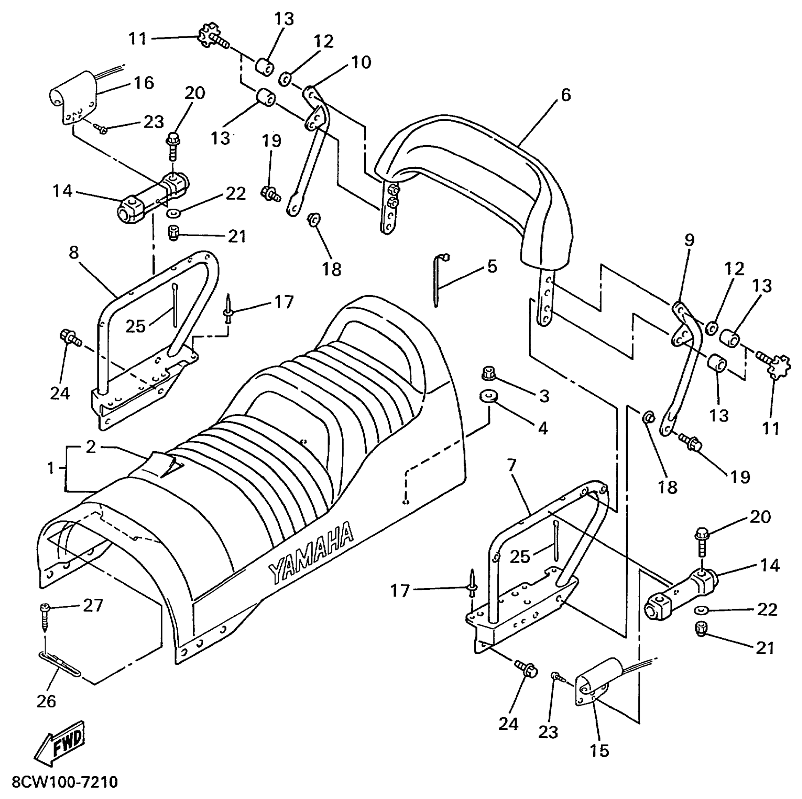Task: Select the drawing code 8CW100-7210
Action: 65,783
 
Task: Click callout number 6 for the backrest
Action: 566,95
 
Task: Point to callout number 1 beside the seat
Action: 51,468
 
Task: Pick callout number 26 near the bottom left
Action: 46,701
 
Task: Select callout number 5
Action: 492,266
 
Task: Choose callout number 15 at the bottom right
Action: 599,750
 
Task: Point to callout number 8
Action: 74,252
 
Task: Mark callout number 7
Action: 511,466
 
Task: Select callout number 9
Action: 689,240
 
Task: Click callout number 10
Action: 361,62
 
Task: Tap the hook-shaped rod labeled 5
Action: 437,282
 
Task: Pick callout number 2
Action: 91,446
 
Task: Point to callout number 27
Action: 92,605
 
